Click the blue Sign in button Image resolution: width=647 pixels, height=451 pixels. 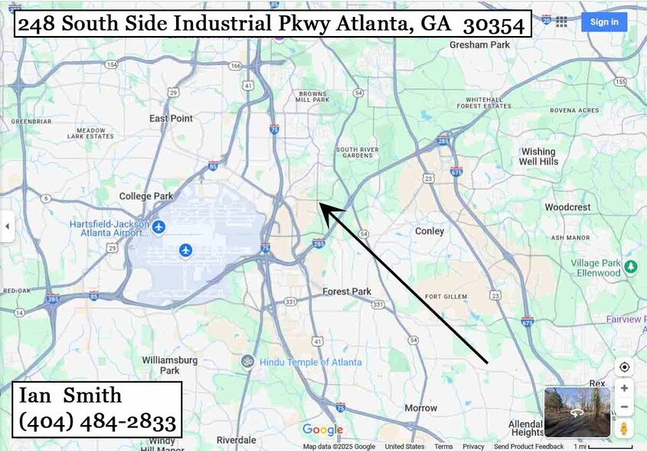[x=603, y=21]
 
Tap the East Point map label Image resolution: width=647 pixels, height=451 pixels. [x=171, y=118]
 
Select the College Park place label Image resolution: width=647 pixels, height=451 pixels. [x=146, y=196]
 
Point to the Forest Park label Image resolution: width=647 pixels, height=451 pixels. [x=346, y=291]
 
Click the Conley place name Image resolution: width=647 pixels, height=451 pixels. [x=429, y=231]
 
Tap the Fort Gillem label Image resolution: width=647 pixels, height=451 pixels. [x=446, y=297]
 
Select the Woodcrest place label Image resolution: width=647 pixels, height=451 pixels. [x=567, y=207]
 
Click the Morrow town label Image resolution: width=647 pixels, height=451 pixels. [x=420, y=408]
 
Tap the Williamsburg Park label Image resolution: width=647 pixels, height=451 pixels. [x=160, y=364]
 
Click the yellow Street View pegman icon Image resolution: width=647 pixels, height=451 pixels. [x=624, y=428]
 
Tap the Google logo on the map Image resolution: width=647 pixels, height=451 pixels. [x=322, y=430]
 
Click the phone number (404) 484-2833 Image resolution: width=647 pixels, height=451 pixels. [x=97, y=420]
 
